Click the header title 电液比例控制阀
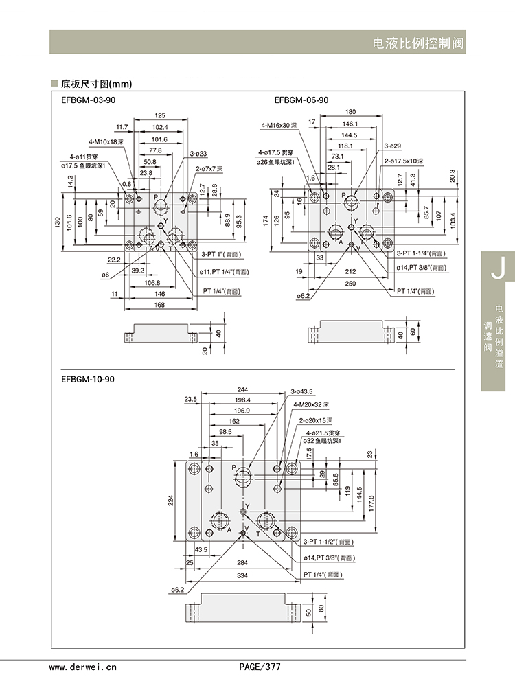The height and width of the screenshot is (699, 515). pyautogui.click(x=418, y=43)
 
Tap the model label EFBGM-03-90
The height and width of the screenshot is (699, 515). pyautogui.click(x=89, y=100)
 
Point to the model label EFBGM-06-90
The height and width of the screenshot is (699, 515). pyautogui.click(x=301, y=100)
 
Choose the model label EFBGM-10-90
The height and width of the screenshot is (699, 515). pyautogui.click(x=89, y=379)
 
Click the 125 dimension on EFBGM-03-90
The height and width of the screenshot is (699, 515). pyautogui.click(x=160, y=115)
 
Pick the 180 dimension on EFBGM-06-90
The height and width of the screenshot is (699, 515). pyautogui.click(x=350, y=112)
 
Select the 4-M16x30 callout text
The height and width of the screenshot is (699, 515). pyautogui.click(x=279, y=126)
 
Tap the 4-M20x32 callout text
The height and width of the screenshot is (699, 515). pyautogui.click(x=312, y=405)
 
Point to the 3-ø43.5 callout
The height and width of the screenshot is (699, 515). pyautogui.click(x=301, y=391)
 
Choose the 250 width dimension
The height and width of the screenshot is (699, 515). pyautogui.click(x=351, y=284)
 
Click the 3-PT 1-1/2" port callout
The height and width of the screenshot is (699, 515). pyautogui.click(x=326, y=541)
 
